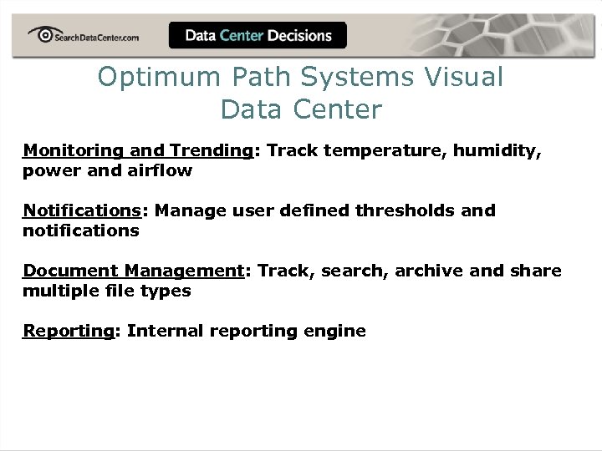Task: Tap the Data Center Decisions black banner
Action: pos(258,35)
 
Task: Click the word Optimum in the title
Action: pos(157,78)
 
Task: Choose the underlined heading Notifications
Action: pos(81,210)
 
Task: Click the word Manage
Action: pos(186,210)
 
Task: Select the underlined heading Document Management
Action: pos(132,271)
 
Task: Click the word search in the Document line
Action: pos(357,271)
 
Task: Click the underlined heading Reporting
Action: pos(68,331)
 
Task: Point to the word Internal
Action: pos(164,331)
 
